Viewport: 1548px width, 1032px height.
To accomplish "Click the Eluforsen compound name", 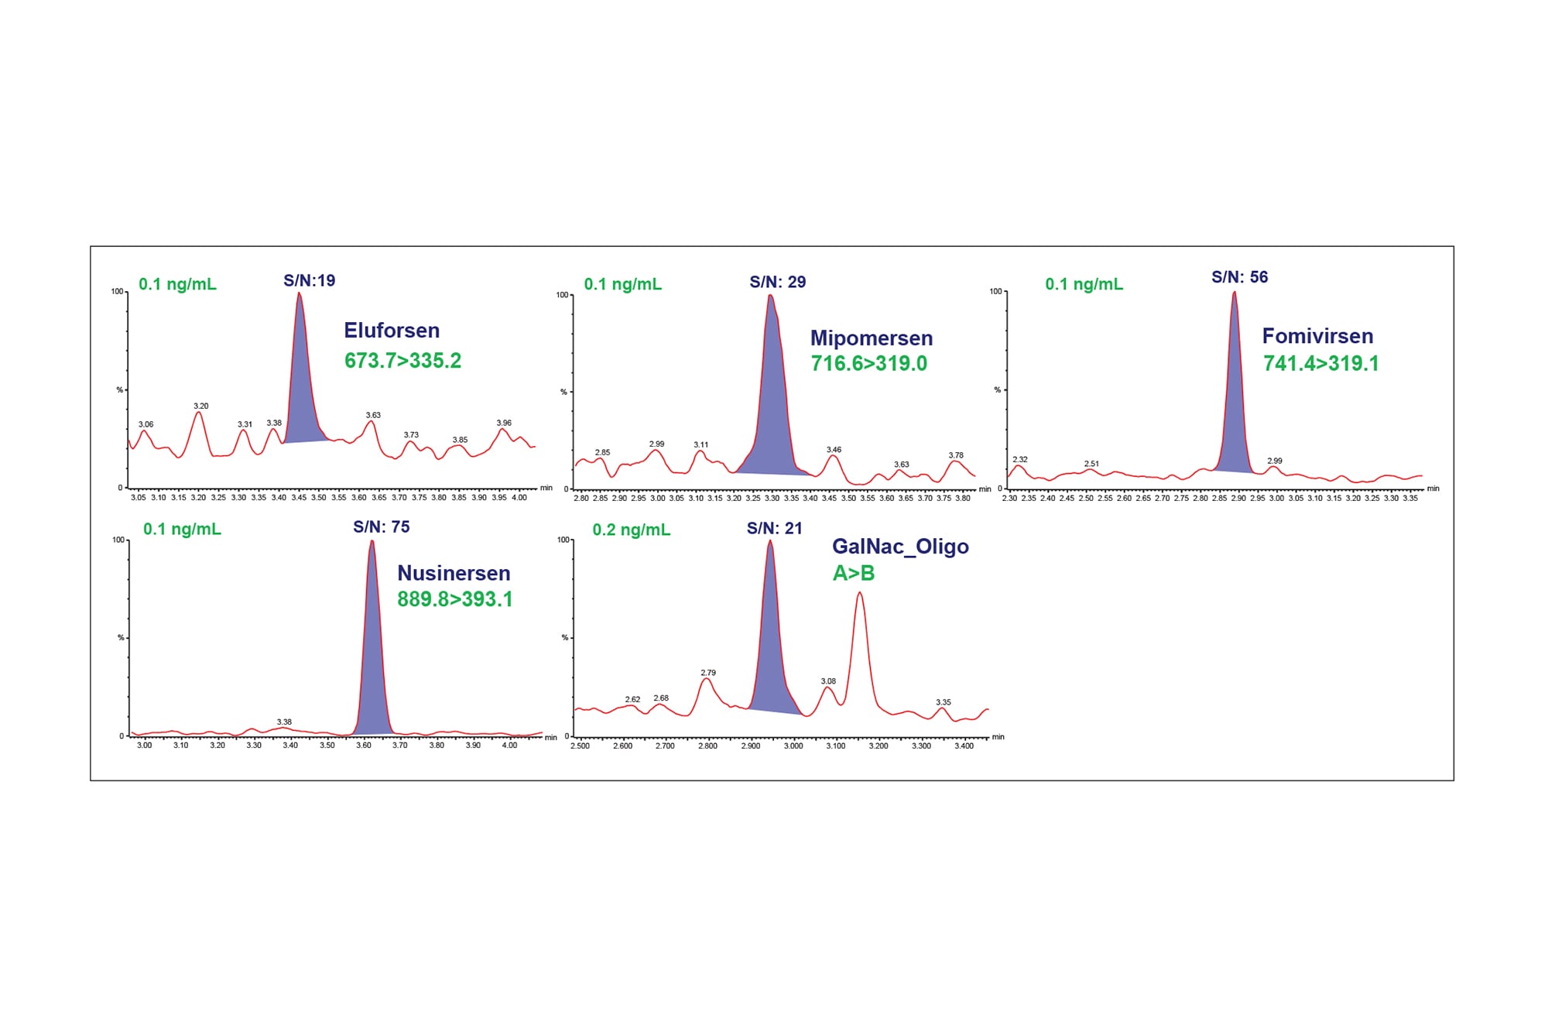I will [x=392, y=331].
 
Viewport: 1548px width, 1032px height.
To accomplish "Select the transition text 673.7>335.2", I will [x=402, y=361].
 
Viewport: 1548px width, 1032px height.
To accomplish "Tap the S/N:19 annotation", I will [x=309, y=280].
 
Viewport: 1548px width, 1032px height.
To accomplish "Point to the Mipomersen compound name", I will [x=871, y=338].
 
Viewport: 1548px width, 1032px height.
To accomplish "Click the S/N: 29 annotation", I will [x=777, y=282].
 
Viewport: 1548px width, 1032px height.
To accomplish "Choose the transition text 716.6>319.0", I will [x=868, y=364].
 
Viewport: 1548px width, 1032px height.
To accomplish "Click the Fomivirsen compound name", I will [x=1317, y=336].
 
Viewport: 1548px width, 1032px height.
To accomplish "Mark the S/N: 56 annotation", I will [x=1239, y=277].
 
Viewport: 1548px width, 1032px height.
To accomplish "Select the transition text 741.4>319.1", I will [x=1320, y=364].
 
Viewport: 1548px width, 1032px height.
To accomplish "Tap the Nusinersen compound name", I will [x=454, y=573].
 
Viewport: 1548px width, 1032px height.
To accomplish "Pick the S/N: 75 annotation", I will [x=381, y=527].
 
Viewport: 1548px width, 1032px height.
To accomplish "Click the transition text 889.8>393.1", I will [x=454, y=599].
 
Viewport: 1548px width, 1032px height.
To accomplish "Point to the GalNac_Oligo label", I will [x=900, y=547].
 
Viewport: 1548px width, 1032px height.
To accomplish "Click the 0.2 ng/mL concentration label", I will [x=631, y=530].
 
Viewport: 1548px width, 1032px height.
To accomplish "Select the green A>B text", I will [x=853, y=574].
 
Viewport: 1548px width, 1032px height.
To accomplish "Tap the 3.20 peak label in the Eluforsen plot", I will [x=200, y=406].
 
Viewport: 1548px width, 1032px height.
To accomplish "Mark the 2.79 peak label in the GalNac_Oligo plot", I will [x=707, y=673].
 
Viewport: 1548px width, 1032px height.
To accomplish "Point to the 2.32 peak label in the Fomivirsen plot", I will [x=1019, y=459].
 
